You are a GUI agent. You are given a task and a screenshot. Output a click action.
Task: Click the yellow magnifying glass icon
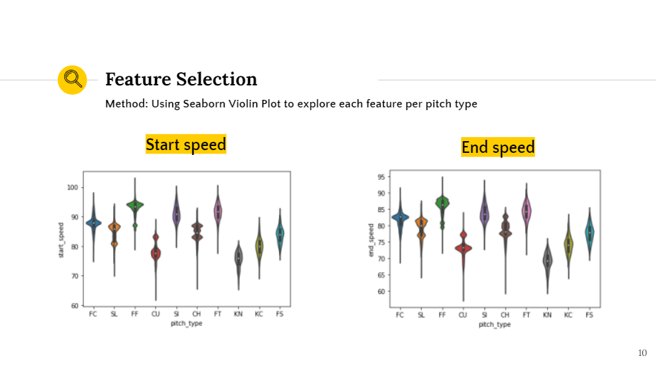point(71,80)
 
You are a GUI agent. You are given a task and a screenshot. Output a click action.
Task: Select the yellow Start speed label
point(186,145)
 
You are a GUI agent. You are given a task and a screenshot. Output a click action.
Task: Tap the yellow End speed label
point(498,147)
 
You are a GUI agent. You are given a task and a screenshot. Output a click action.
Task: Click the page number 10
point(642,353)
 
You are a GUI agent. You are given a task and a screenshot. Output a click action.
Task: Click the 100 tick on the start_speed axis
point(72,187)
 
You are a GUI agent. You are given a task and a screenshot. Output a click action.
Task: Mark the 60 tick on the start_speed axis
point(74,305)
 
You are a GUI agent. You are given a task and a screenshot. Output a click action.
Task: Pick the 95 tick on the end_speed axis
point(381,177)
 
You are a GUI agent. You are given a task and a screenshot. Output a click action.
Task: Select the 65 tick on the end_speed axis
point(381,275)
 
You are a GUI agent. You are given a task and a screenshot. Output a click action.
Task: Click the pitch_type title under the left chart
point(186,323)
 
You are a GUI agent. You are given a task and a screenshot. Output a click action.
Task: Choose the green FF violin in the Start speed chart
point(135,205)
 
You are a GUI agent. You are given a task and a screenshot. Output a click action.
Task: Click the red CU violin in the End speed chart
point(463,248)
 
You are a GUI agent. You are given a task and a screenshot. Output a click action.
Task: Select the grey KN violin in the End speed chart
point(547,262)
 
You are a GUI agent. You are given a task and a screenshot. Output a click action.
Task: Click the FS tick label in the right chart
point(589,315)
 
